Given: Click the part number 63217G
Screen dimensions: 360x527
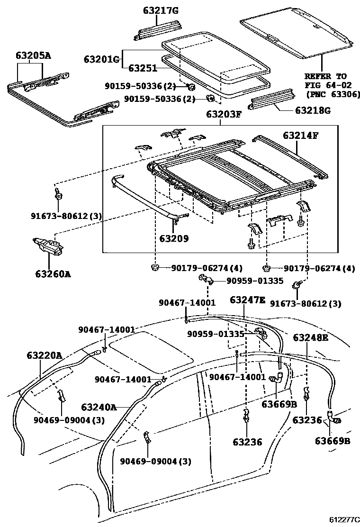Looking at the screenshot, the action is point(161,11).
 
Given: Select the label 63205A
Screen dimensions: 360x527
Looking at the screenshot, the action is point(33,55).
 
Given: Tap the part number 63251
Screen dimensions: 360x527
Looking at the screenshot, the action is point(143,68).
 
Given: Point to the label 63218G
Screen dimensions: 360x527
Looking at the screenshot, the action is point(313,110).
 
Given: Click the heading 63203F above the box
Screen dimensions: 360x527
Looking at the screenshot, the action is point(224,114).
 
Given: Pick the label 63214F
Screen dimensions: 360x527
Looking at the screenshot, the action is point(301,135).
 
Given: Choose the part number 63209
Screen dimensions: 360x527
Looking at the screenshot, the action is point(174,238).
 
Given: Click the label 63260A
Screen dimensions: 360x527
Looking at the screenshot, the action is point(53,274).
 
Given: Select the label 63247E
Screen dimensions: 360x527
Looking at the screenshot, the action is point(247,300).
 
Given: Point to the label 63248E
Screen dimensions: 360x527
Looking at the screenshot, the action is point(311,337).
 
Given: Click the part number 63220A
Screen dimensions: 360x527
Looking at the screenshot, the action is point(45,355).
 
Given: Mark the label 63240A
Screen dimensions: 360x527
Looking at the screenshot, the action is point(99,408).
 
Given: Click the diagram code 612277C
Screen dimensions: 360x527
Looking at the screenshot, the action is point(344,519).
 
